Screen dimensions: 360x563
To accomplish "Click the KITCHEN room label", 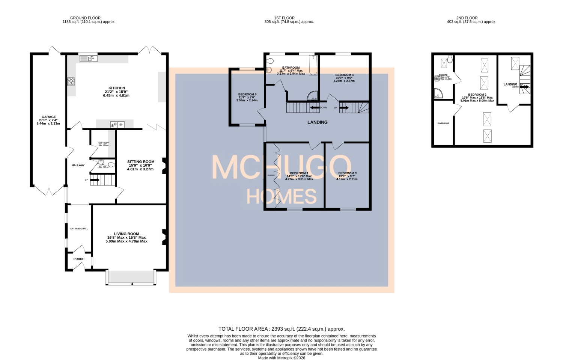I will pos(116,88).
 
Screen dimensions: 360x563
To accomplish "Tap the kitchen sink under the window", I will pos(89,58).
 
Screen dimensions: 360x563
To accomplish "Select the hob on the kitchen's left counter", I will pos(71,81).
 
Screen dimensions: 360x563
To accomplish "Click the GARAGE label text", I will pos(48,117).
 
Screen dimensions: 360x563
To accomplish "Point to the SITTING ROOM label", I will pos(141,162).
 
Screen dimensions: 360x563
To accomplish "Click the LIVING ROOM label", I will pos(126,234).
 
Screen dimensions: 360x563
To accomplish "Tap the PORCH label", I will pos(79,259).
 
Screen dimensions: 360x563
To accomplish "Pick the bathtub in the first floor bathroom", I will pos(313,65).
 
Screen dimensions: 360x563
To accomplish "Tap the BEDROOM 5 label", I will pos(247,95).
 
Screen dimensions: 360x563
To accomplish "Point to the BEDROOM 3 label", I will pos(347,173).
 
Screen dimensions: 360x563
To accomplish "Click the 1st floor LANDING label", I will pos(317,122).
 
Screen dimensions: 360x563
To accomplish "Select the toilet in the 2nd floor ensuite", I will pos(450,59).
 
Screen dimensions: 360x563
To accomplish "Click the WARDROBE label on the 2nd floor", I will pos(443,123).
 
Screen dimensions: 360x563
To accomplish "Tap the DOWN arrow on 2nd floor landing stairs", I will pos(524,87).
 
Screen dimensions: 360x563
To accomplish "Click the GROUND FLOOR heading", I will pos(85,18).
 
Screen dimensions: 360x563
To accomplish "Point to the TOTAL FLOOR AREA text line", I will pos(281,329).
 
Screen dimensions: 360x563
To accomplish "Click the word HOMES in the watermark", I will pos(281,196).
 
